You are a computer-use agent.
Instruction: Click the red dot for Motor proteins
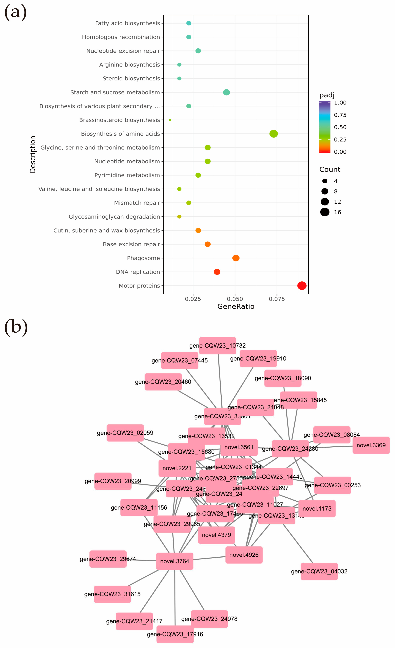tap(302, 286)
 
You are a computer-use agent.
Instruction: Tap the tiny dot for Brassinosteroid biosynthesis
tap(170, 120)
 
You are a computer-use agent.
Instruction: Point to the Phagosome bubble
tap(236, 258)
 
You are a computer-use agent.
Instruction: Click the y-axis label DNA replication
tap(138, 272)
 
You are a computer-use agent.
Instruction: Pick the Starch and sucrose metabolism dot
tap(226, 92)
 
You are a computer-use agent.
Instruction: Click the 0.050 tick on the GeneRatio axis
tap(235, 299)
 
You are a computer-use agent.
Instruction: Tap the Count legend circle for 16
tap(325, 212)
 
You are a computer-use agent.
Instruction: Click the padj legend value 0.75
tap(340, 115)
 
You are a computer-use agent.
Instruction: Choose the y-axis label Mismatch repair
tap(137, 203)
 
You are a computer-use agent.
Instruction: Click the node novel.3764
tap(175, 561)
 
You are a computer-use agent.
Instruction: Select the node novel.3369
tap(371, 445)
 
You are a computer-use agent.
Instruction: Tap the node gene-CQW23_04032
tap(319, 571)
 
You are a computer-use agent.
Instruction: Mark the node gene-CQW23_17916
tap(175, 634)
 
